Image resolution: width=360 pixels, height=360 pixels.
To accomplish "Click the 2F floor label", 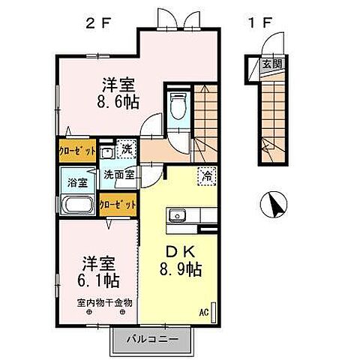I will (x=98, y=22).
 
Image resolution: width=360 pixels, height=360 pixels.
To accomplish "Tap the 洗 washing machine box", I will (x=125, y=148).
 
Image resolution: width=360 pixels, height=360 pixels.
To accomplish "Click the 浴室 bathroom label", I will (x=76, y=181).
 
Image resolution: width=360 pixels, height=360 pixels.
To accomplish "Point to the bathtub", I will (x=76, y=205).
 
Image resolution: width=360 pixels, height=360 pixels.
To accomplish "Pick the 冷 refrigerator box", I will (x=204, y=177).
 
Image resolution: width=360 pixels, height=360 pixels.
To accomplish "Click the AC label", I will (x=204, y=311).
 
